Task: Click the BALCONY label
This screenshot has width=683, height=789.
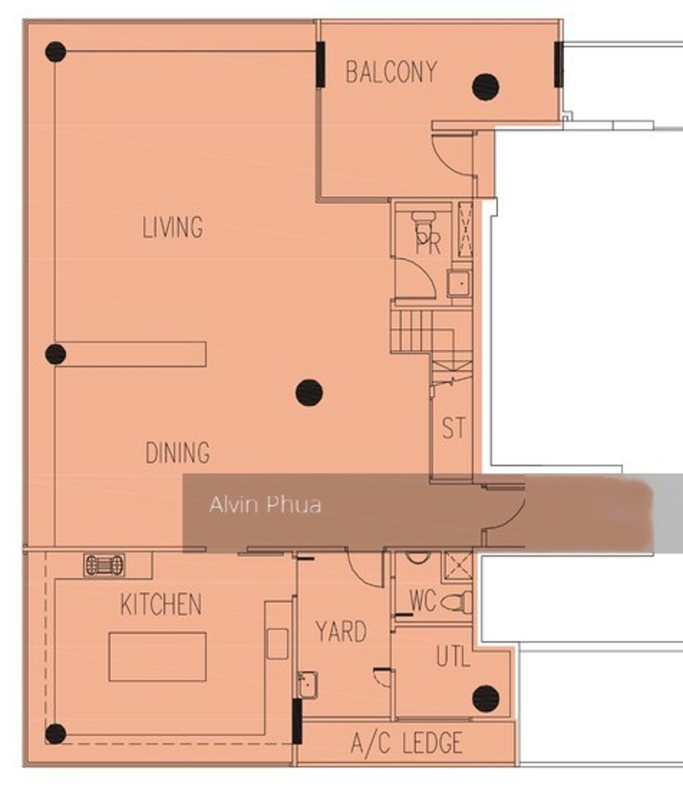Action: [391, 72]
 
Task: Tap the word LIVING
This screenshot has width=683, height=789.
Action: [172, 227]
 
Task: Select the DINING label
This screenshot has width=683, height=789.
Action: [178, 452]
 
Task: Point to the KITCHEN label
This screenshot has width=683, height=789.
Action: [161, 604]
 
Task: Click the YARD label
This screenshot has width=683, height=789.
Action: [341, 631]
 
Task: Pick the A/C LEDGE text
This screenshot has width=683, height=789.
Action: [407, 743]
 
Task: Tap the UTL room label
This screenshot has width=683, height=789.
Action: [453, 656]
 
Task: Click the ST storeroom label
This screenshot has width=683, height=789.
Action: [454, 428]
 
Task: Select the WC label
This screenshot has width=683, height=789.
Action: [423, 601]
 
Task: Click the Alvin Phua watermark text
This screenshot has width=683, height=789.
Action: [266, 505]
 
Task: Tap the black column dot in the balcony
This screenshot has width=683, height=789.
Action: [486, 87]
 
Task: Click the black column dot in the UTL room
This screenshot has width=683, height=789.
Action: [486, 699]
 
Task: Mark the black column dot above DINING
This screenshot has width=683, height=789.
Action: [309, 392]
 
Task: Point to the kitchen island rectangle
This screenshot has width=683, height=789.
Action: [158, 657]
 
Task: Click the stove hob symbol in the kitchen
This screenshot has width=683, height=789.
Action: [104, 564]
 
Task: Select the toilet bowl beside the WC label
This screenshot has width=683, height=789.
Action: [456, 602]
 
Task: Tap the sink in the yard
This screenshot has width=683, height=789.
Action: [307, 685]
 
